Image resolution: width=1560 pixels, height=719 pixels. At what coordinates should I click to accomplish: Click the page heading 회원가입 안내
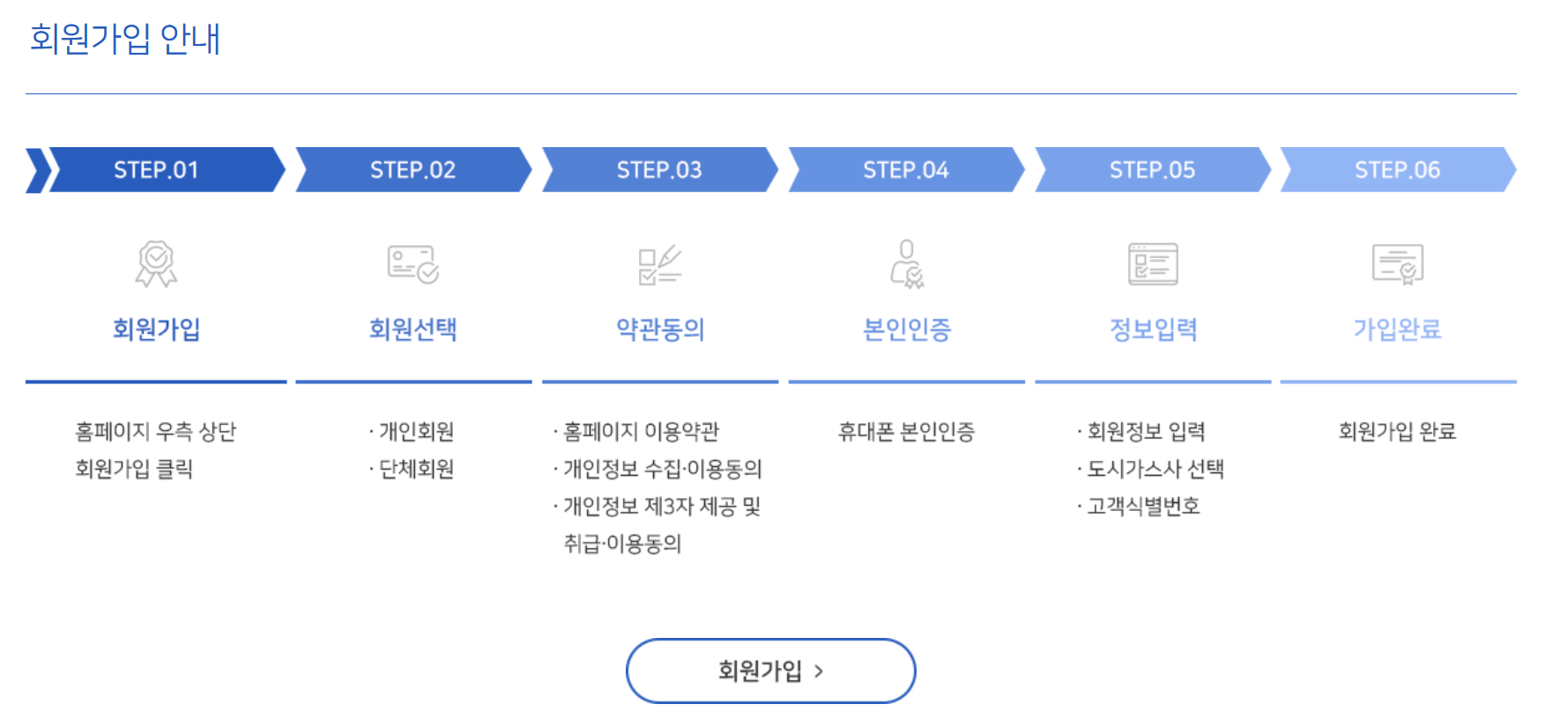tap(124, 39)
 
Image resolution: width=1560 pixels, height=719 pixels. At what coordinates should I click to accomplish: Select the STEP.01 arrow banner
tap(156, 170)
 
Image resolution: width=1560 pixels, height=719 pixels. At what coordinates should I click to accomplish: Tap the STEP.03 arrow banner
tap(659, 170)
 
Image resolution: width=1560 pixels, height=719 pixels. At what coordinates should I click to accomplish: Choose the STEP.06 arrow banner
tap(1397, 170)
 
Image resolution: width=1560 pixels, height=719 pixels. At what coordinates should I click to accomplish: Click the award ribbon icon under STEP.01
tap(156, 263)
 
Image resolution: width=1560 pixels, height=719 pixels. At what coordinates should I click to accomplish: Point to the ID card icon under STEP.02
tap(413, 263)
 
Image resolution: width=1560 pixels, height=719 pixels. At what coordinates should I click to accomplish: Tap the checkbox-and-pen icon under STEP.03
tap(659, 264)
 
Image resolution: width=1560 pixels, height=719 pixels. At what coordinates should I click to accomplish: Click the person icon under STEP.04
tap(907, 263)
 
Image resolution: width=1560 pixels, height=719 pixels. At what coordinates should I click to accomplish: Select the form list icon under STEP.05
tap(1153, 263)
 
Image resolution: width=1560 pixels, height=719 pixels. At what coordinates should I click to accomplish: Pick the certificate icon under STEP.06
tap(1398, 263)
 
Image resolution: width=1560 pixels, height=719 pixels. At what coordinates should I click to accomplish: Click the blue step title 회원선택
tap(412, 330)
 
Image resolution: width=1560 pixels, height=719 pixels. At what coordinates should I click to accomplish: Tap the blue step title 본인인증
tap(907, 330)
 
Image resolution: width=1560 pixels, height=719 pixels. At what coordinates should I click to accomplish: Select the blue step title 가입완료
tap(1397, 330)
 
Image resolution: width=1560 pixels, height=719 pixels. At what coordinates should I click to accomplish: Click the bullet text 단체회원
tap(416, 469)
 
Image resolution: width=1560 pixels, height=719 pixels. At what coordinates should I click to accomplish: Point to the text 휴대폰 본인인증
tap(906, 432)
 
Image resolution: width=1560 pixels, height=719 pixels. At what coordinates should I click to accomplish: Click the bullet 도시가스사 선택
tap(1155, 469)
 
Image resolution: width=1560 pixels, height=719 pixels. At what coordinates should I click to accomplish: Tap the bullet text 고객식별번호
tap(1143, 507)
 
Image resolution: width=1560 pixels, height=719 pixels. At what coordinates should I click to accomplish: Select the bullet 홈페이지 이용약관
tap(641, 432)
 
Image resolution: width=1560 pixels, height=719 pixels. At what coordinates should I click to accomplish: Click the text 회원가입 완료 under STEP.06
tap(1397, 432)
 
